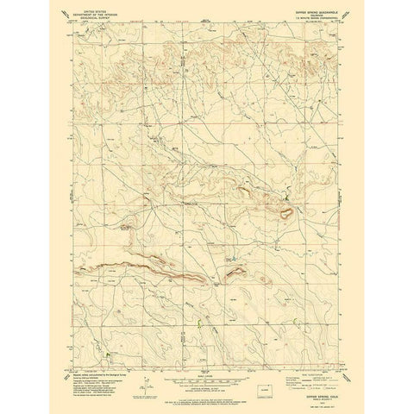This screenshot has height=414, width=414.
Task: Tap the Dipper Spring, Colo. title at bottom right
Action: [x=308, y=374]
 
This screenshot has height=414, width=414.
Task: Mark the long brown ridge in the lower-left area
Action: [x=142, y=273]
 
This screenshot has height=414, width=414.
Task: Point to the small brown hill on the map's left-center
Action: [x=128, y=227]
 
